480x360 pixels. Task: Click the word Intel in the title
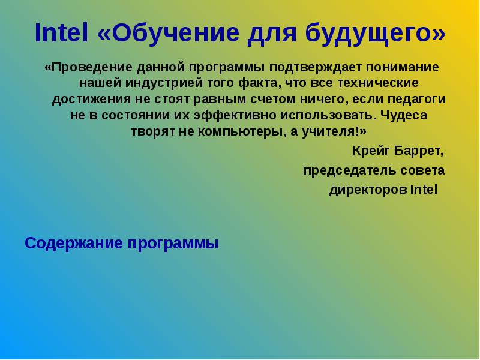(x=62, y=34)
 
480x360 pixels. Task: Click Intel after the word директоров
(x=424, y=190)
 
